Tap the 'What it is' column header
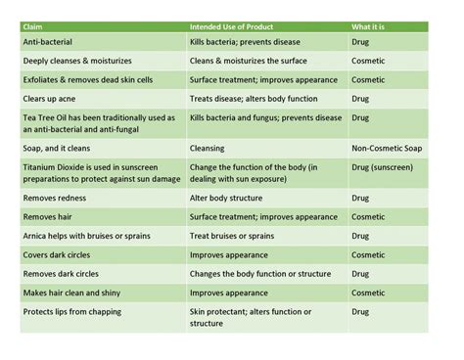point(370,26)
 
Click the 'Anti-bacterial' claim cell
point(48,43)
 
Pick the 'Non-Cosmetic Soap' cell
point(389,149)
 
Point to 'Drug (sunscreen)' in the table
point(382,167)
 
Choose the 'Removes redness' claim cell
point(54,199)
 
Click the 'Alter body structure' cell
point(226,199)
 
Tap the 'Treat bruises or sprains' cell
point(232,236)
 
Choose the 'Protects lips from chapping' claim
point(77,312)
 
